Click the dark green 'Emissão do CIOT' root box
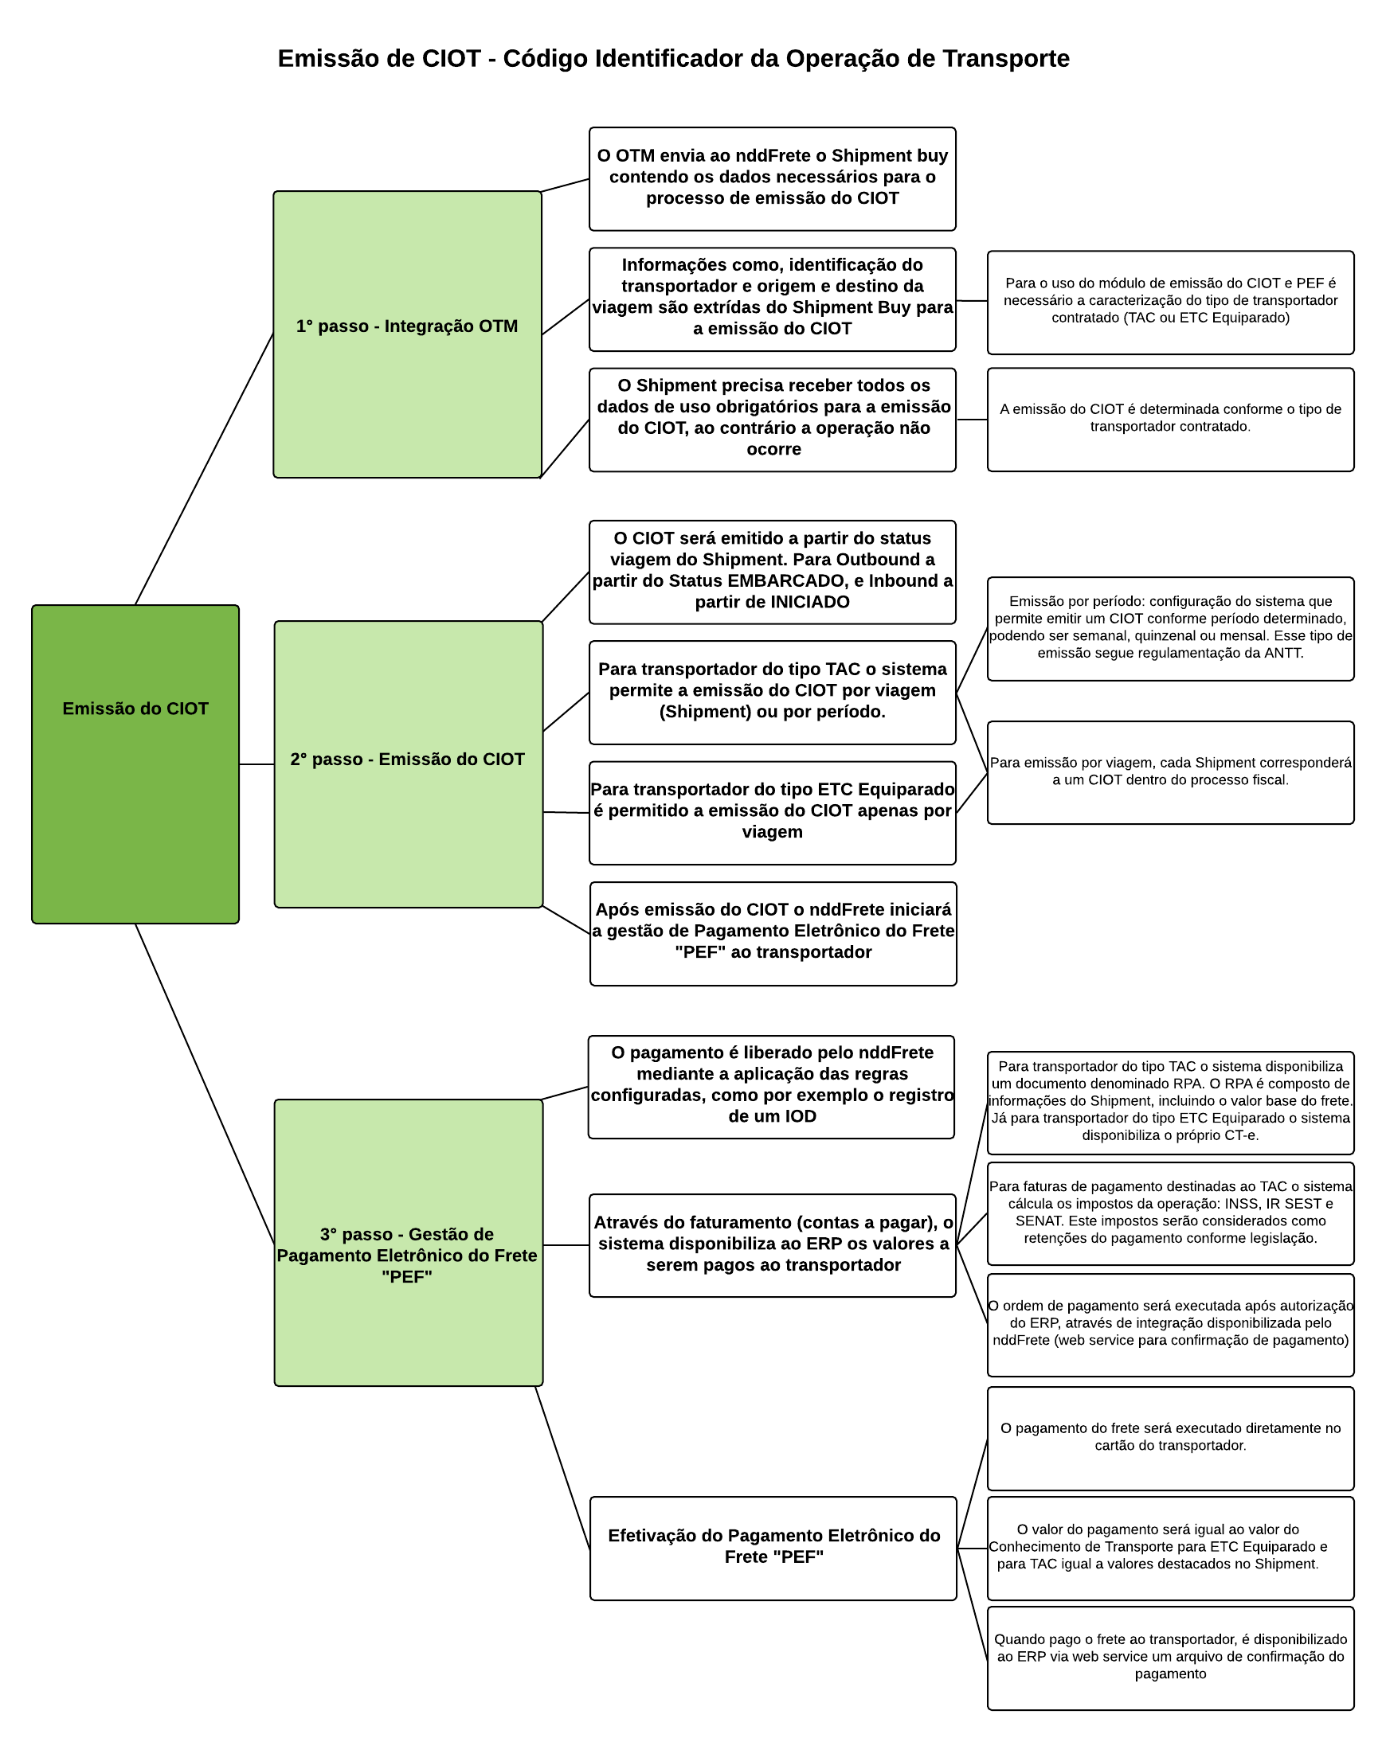[x=135, y=764]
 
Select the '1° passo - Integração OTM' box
[x=406, y=334]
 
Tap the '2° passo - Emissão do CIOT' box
[x=407, y=764]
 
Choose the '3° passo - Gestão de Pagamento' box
[x=407, y=1242]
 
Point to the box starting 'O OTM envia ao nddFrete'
[x=772, y=178]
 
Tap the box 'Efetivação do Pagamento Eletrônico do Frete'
[x=773, y=1547]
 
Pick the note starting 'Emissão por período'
[x=1169, y=628]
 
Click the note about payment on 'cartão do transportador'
[x=1169, y=1437]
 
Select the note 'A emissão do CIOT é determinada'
[x=1169, y=419]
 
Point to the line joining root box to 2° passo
[x=256, y=764]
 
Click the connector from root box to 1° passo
[x=204, y=469]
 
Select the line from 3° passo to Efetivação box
[x=562, y=1467]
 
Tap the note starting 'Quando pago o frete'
[x=1169, y=1657]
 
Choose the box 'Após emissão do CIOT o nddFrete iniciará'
[x=773, y=932]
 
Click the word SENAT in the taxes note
[x=1038, y=1220]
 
